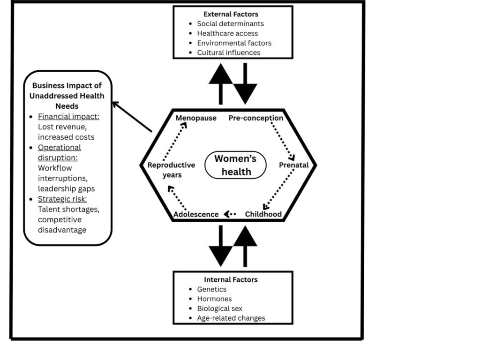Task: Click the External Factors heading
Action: pyautogui.click(x=230, y=14)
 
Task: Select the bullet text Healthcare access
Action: pyautogui.click(x=227, y=33)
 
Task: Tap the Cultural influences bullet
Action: pyautogui.click(x=228, y=52)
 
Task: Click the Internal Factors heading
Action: pyautogui.click(x=231, y=279)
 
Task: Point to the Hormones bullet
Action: pyautogui.click(x=214, y=299)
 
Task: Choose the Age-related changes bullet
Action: pyautogui.click(x=231, y=318)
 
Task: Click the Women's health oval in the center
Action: pyautogui.click(x=235, y=165)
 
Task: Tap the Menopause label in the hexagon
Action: pyautogui.click(x=196, y=118)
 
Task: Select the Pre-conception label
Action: pyautogui.click(x=256, y=118)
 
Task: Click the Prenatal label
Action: pyautogui.click(x=294, y=165)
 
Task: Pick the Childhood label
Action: pyautogui.click(x=263, y=214)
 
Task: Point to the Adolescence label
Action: pyautogui.click(x=196, y=214)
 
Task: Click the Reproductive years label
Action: pyautogui.click(x=171, y=170)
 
